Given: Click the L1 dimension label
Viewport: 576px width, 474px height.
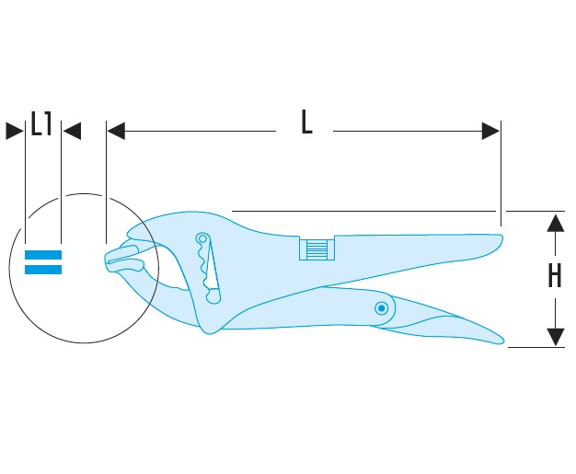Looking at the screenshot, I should pyautogui.click(x=42, y=124).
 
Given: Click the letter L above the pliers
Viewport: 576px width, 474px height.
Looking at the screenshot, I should pyautogui.click(x=306, y=123).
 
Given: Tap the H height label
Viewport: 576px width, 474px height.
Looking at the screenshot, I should pyautogui.click(x=554, y=275).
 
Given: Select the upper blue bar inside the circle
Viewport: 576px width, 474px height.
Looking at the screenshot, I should pyautogui.click(x=43, y=255).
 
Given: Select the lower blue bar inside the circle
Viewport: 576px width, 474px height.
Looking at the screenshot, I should pyautogui.click(x=43, y=270).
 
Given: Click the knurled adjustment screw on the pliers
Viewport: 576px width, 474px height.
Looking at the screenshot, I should pyautogui.click(x=316, y=249).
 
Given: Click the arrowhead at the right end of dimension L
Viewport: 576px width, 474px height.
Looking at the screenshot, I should pyautogui.click(x=492, y=132).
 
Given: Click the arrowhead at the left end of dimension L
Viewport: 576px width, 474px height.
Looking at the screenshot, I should pyautogui.click(x=114, y=132).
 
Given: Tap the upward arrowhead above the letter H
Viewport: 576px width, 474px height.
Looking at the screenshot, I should pyautogui.click(x=555, y=223).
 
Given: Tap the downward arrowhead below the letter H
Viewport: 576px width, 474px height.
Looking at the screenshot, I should pyautogui.click(x=555, y=337).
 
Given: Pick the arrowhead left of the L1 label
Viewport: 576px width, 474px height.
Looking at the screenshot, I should pyautogui.click(x=14, y=132).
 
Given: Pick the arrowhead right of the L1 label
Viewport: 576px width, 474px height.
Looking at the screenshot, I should pyautogui.click(x=72, y=132).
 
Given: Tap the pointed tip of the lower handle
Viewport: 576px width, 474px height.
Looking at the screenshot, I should pyautogui.click(x=502, y=342).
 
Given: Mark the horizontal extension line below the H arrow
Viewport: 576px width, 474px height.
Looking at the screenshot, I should pyautogui.click(x=534, y=348).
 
